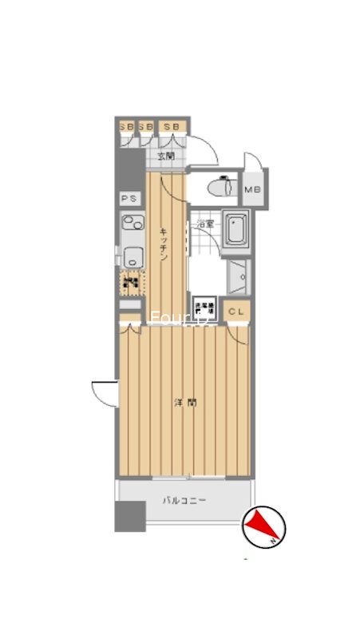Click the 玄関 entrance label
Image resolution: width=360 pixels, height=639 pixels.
coord(165,157)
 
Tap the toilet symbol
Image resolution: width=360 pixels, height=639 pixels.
coord(220,188)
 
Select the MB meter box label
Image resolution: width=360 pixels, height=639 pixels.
coord(253,189)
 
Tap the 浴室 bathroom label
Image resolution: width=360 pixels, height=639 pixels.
coord(205,224)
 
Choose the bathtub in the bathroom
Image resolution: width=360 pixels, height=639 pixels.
coord(235,229)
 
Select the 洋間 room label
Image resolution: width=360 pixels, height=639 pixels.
coord(184,403)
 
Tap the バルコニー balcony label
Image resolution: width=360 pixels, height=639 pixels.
coord(184,501)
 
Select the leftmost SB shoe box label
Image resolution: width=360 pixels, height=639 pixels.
coord(126,126)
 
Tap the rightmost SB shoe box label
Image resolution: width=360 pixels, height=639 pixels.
coord(172,126)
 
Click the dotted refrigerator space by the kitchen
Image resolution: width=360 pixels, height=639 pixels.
coord(132,282)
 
